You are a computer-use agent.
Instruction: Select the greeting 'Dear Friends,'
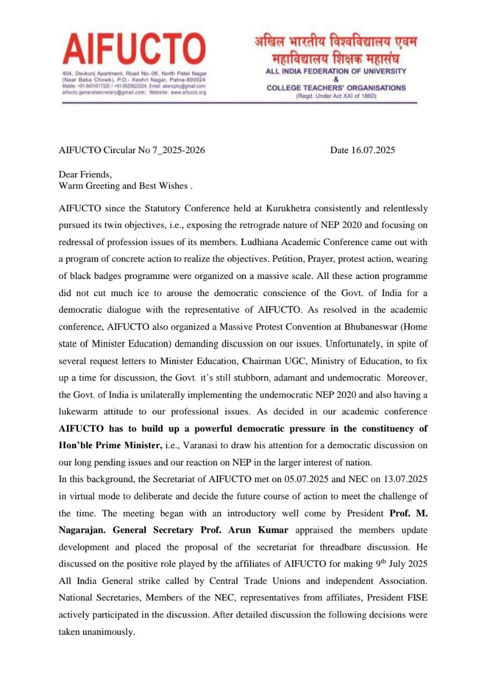[85, 175]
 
